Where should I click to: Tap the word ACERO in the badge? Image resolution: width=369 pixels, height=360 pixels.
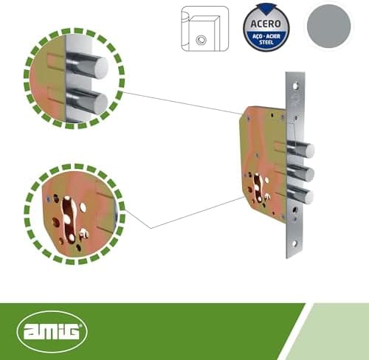pyautogui.click(x=266, y=24)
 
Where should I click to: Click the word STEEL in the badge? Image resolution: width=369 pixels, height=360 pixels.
pyautogui.click(x=266, y=42)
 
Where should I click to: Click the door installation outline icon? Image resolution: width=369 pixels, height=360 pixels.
pyautogui.click(x=205, y=29)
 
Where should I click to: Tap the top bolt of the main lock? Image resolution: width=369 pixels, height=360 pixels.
pyautogui.click(x=300, y=150)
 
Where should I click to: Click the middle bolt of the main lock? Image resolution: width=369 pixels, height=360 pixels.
pyautogui.click(x=300, y=173)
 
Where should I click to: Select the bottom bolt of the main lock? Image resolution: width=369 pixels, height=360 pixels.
pyautogui.click(x=300, y=196)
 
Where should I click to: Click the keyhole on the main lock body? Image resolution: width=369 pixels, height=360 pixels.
pyautogui.click(x=258, y=187)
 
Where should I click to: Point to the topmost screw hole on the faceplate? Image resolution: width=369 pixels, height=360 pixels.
pyautogui.click(x=295, y=86)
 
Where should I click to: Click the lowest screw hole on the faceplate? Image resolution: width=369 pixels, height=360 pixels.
pyautogui.click(x=294, y=244)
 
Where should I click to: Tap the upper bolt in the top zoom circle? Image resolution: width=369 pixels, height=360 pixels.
pyautogui.click(x=87, y=66)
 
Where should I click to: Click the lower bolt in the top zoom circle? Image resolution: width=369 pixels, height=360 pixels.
pyautogui.click(x=87, y=102)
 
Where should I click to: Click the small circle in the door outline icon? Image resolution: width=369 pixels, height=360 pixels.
pyautogui.click(x=201, y=40)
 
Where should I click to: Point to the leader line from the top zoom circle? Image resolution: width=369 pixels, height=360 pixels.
pyautogui.click(x=182, y=103)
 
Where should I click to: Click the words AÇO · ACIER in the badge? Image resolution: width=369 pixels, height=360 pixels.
pyautogui.click(x=266, y=36)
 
